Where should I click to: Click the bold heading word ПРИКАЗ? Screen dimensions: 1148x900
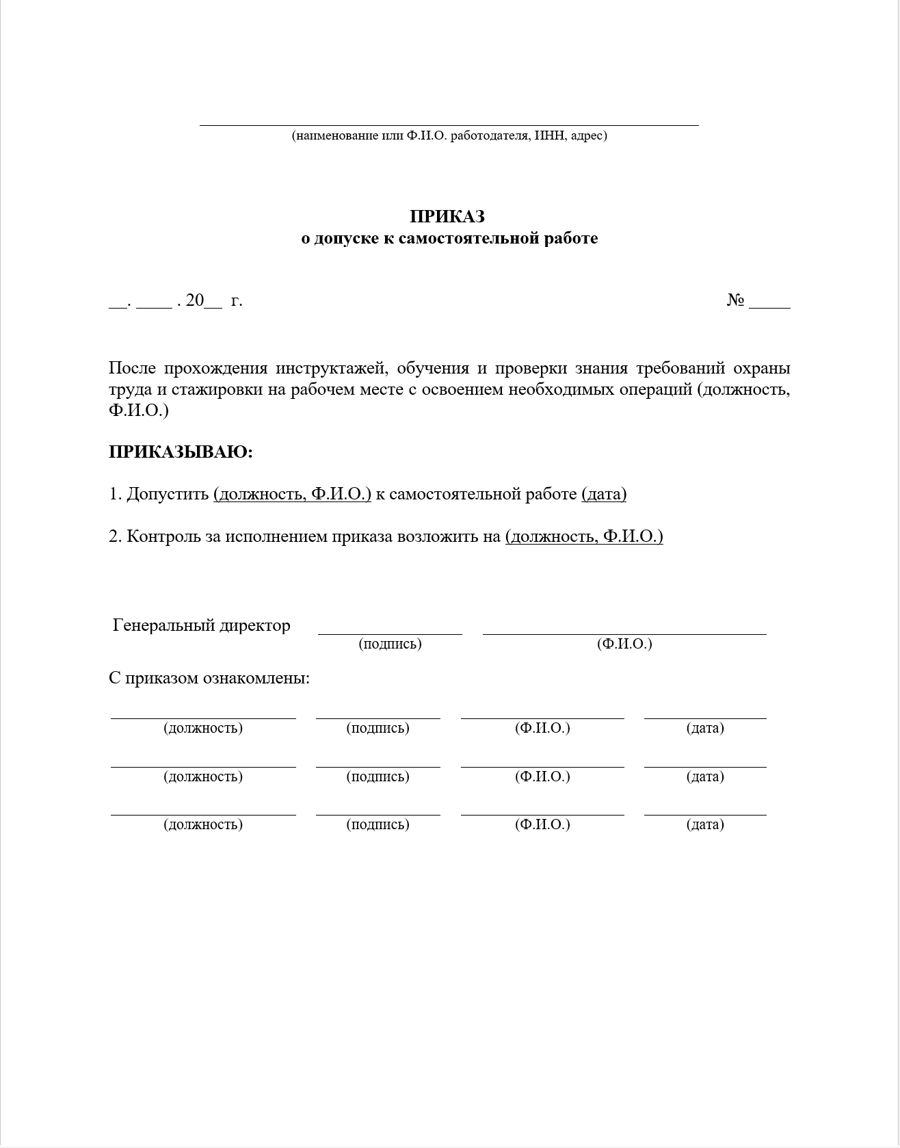pos(447,216)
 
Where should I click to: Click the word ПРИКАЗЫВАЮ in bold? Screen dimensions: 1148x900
pos(181,452)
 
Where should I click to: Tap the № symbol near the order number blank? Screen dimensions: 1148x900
pos(735,300)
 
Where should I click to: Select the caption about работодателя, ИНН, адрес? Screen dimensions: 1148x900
pos(449,135)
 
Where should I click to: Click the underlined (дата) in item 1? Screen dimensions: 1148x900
pos(604,494)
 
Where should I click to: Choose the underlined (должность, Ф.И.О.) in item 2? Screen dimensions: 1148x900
pos(584,536)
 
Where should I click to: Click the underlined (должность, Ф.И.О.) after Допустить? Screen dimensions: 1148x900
pos(292,494)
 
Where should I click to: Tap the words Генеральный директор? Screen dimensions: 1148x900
pos(202,625)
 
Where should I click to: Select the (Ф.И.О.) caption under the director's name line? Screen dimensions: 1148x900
pos(624,644)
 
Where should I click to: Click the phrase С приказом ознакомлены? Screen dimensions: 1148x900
pos(209,678)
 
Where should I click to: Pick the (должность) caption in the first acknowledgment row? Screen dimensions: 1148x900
pos(203,728)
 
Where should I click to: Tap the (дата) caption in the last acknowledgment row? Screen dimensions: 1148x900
pos(705,824)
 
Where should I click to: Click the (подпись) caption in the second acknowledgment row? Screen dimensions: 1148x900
pos(378,777)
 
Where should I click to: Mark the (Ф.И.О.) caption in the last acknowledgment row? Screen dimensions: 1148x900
pos(542,824)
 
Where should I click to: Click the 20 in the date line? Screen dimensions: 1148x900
pos(195,300)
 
